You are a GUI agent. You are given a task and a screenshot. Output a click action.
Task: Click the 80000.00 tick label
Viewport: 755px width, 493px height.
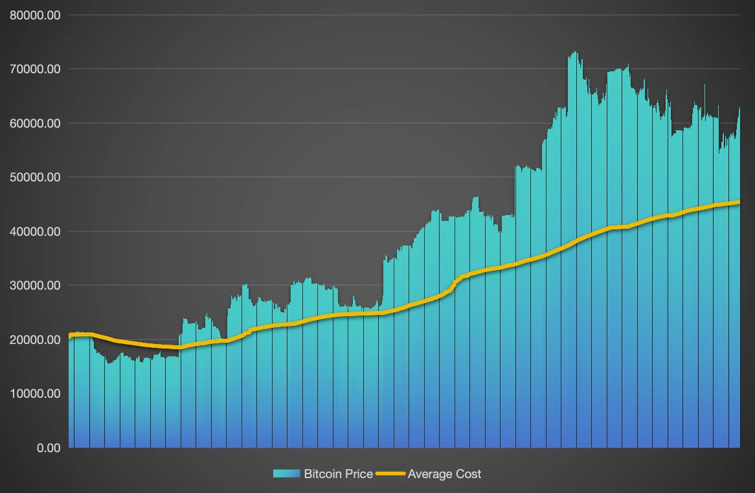pos(35,15)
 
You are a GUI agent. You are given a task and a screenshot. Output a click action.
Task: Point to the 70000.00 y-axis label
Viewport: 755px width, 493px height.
pos(35,69)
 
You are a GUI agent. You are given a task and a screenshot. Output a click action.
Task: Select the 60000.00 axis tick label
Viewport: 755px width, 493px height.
pos(35,123)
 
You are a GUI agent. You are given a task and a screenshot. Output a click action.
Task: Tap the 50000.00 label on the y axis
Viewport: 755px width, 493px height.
pos(35,177)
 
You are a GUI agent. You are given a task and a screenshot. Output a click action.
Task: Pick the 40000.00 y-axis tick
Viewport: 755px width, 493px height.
pos(35,231)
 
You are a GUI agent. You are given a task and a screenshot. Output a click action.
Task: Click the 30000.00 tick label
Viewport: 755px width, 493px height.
pos(35,285)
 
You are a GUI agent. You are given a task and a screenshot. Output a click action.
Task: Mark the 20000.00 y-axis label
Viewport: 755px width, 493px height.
pos(35,339)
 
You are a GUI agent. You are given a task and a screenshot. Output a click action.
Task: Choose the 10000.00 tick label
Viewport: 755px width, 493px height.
pos(35,393)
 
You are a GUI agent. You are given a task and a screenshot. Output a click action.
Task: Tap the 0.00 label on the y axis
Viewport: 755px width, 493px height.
pos(49,448)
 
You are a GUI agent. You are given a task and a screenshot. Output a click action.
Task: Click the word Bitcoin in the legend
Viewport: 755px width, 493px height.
pos(322,474)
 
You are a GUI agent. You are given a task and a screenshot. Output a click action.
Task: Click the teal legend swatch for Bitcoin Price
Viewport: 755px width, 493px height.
pos(287,474)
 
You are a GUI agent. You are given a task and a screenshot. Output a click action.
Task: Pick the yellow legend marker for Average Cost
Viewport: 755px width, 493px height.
pos(391,474)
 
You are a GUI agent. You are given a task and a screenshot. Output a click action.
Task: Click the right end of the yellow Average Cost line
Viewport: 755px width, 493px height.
pos(739,202)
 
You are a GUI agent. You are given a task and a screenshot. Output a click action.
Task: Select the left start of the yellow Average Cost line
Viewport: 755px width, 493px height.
pos(70,336)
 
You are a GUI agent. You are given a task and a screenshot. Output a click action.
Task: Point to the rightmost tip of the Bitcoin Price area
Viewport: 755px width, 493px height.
pos(739,108)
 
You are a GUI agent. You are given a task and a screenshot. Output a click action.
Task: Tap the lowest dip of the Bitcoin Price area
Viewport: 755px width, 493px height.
pos(109,363)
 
